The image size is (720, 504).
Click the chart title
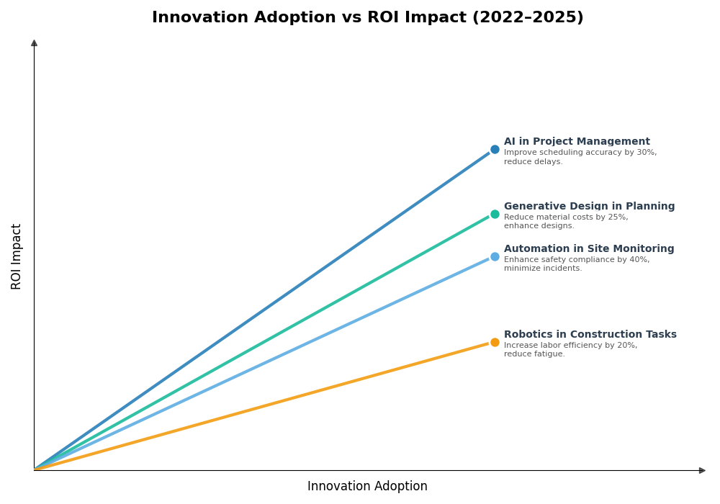[367, 18]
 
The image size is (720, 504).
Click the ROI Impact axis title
[17, 256]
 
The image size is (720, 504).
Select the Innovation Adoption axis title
[367, 487]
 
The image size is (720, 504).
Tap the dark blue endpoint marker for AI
[495, 150]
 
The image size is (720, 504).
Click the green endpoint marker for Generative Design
[495, 214]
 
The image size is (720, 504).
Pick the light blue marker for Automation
[495, 257]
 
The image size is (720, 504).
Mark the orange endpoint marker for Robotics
[495, 343]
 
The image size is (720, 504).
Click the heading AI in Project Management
[577, 142]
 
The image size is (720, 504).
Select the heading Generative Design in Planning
[589, 207]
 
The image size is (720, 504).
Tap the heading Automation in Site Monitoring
[589, 249]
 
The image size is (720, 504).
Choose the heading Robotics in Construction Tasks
[590, 335]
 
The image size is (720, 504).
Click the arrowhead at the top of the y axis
[34, 43]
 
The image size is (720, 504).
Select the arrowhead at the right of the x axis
[702, 470]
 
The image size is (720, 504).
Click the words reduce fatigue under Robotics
[534, 354]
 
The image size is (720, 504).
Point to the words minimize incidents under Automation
[542, 269]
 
